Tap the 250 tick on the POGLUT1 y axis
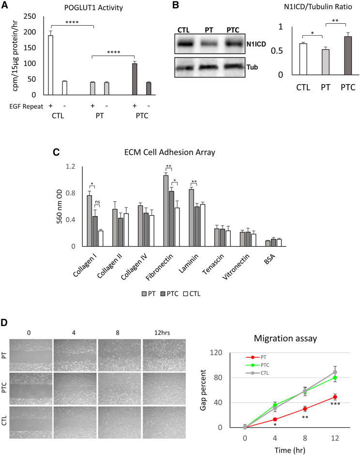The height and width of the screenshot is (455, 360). [33, 16]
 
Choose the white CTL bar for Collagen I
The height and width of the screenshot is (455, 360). [101, 238]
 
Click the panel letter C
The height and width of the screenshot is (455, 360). [56, 151]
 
